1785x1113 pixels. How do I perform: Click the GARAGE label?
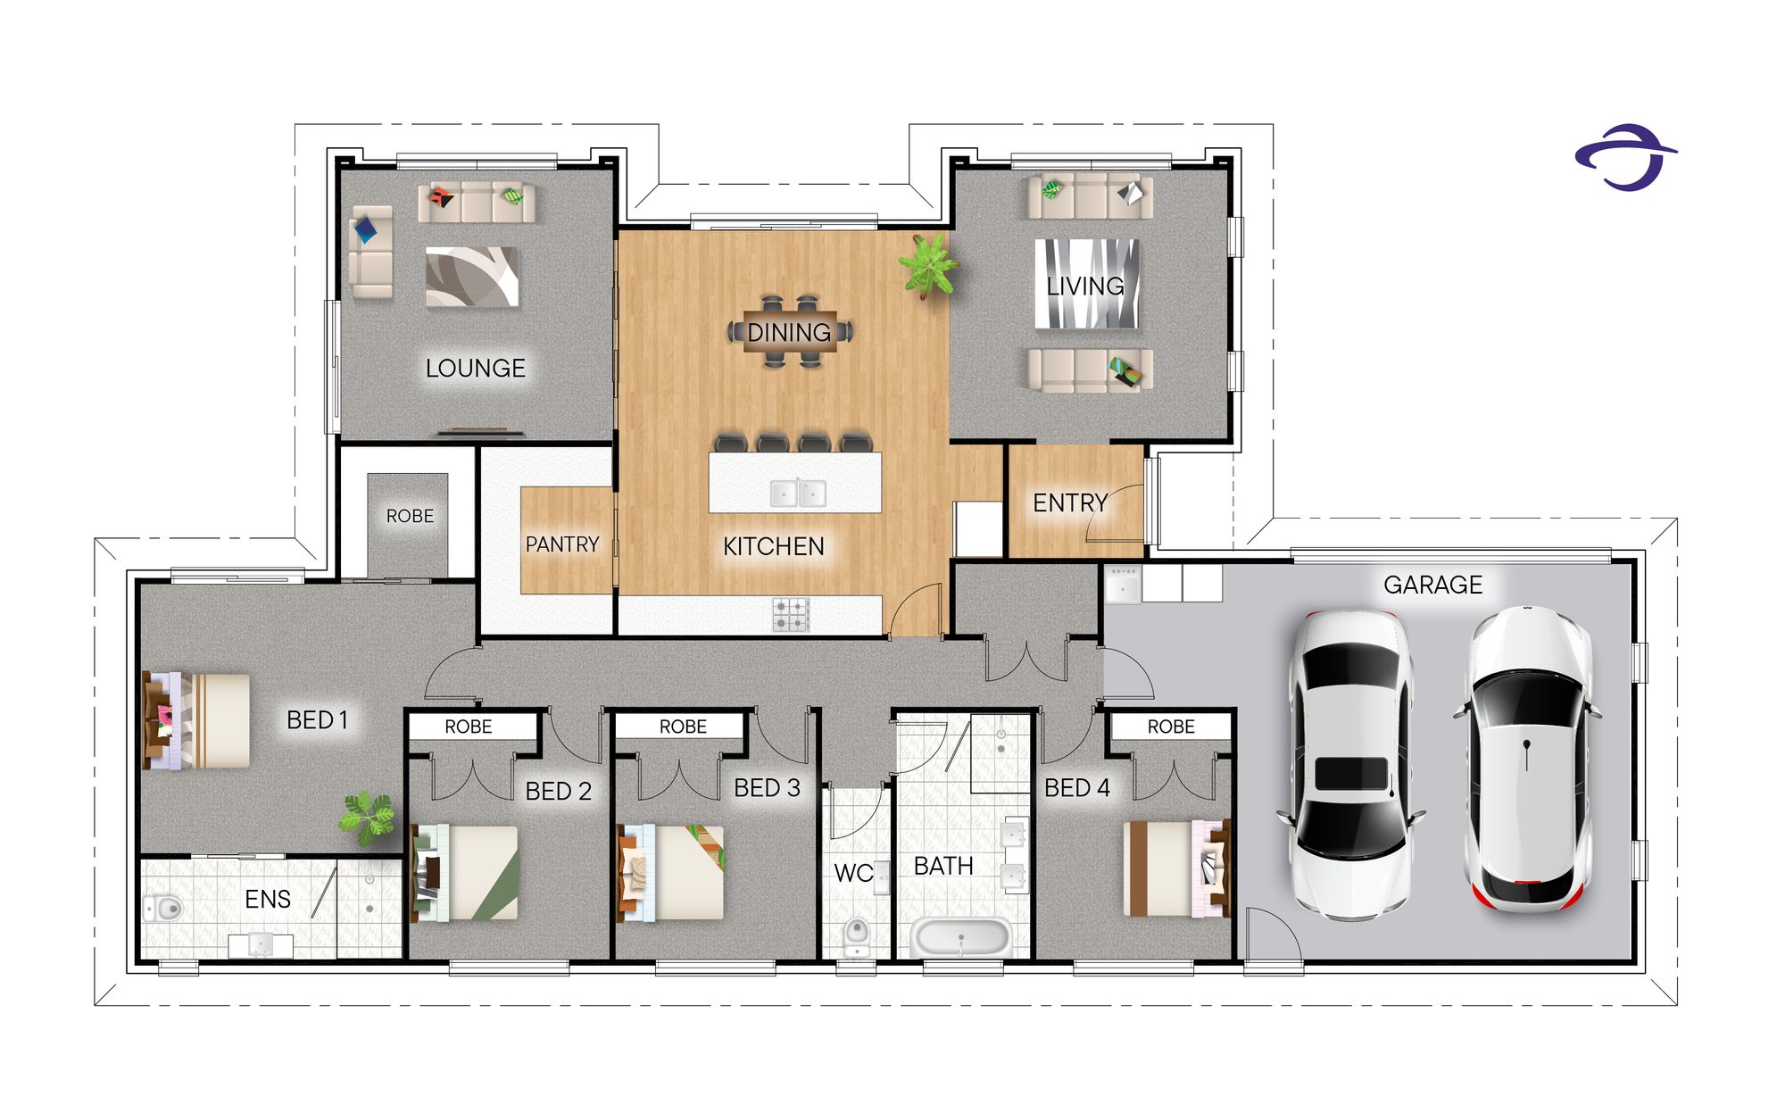click(1432, 585)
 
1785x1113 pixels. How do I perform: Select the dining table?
click(790, 332)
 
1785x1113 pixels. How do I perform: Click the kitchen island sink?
click(799, 493)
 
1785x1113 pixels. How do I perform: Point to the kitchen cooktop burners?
click(791, 614)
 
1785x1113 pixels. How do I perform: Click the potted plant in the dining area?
click(928, 265)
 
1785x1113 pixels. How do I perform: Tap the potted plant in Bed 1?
click(367, 817)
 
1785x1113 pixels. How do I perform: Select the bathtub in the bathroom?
click(960, 938)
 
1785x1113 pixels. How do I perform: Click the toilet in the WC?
click(856, 936)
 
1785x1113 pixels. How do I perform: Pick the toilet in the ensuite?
click(162, 909)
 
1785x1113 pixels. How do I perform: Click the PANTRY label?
click(562, 544)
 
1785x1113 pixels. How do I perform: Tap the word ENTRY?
click(1070, 503)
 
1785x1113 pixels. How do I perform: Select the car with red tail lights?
click(1527, 759)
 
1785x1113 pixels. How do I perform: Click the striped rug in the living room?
click(1086, 284)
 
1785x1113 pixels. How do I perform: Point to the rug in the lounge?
click(472, 278)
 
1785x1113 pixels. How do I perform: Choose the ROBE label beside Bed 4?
click(1171, 727)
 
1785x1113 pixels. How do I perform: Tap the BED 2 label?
click(559, 792)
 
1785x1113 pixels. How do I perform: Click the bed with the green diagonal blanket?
click(464, 873)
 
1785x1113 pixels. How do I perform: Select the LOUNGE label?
click(475, 368)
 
